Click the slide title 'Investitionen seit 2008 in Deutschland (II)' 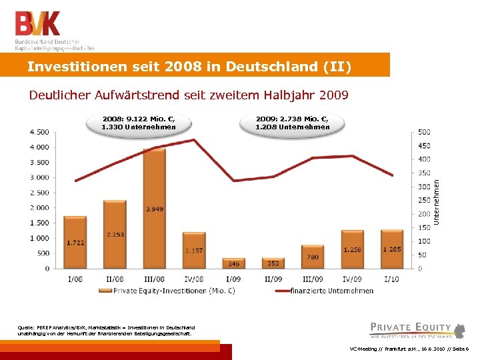[189, 67]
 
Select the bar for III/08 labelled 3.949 [154, 208]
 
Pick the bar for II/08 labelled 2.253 [115, 234]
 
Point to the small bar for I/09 [233, 263]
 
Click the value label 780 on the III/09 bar [312, 257]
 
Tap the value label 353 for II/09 [273, 263]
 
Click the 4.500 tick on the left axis [39, 131]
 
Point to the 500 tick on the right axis [424, 131]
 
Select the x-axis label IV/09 [352, 279]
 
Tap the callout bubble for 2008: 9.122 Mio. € [139, 123]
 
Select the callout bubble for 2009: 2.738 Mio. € [293, 123]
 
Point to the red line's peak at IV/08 [193, 140]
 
